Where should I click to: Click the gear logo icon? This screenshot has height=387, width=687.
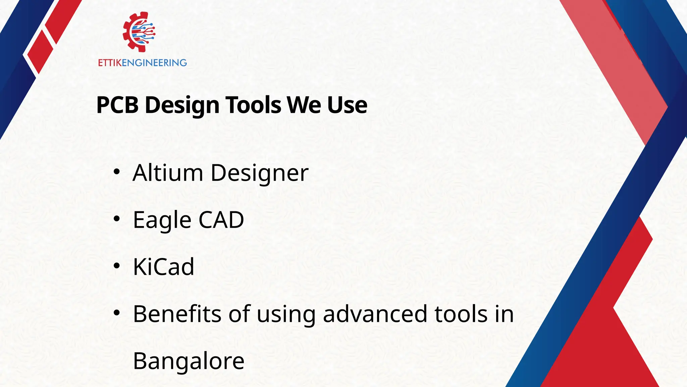tap(139, 32)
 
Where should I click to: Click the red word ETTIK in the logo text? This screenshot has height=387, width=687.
tap(110, 63)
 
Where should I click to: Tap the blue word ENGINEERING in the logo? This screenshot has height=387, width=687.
tap(154, 63)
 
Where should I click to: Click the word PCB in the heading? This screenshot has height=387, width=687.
tap(117, 105)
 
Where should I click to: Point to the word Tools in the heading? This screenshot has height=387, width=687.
tap(253, 105)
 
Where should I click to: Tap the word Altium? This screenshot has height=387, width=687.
tap(168, 173)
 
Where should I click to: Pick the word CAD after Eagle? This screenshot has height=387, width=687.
tap(221, 220)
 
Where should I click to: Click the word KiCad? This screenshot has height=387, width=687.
tap(163, 267)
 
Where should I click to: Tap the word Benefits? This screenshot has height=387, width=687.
tap(177, 314)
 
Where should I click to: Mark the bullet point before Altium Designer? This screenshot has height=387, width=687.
tap(116, 172)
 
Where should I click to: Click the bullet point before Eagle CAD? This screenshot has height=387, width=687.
tap(116, 219)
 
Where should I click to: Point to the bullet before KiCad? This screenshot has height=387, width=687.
tap(116, 266)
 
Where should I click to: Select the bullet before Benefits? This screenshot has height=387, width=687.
tap(116, 313)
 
